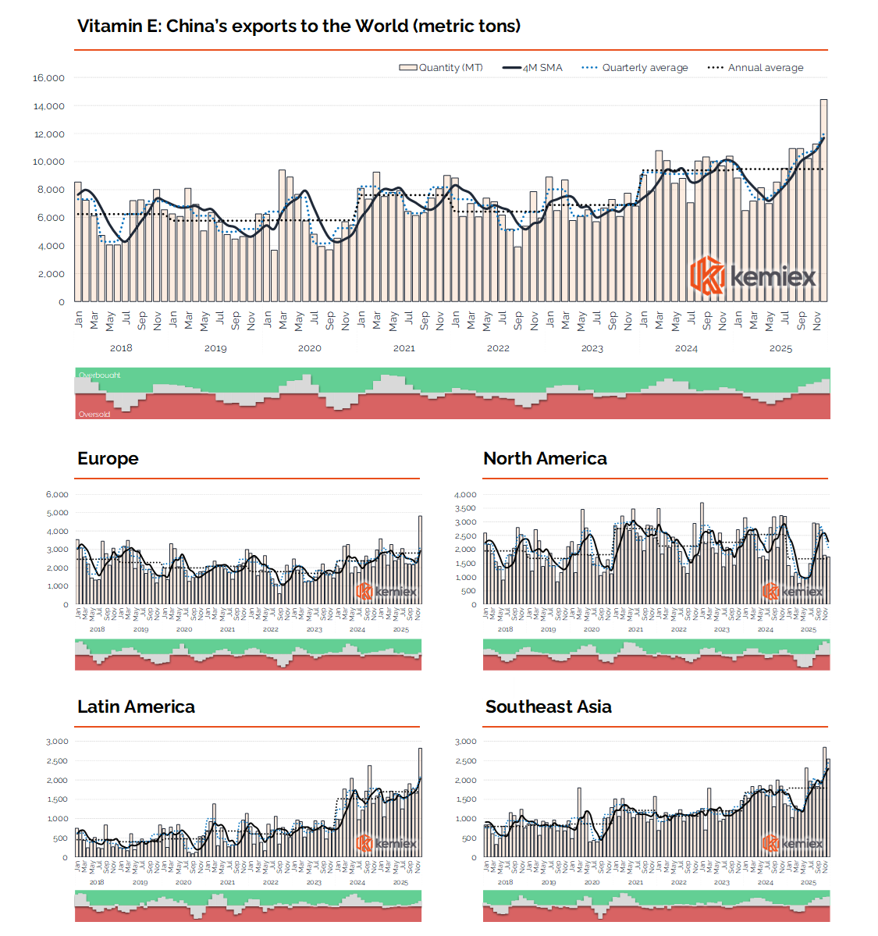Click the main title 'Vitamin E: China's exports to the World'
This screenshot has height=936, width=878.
coord(299,27)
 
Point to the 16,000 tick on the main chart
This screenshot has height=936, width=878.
coord(48,78)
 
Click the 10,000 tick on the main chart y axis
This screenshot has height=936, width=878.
coord(48,162)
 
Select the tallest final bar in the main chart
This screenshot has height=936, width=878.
coord(824,200)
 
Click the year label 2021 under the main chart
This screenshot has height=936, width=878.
coord(403,348)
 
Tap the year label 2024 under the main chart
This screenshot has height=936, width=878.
coord(687,348)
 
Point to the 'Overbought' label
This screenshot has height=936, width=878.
coord(99,375)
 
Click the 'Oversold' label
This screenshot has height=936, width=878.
coord(94,415)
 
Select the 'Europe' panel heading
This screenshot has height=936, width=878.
coord(108,459)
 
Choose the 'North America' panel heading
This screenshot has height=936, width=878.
coord(546,459)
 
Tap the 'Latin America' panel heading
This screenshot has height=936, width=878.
coord(136,707)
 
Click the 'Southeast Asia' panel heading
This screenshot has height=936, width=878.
coord(549,707)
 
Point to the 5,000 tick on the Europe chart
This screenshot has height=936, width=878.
coord(58,513)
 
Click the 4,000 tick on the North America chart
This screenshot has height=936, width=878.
coord(466,494)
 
